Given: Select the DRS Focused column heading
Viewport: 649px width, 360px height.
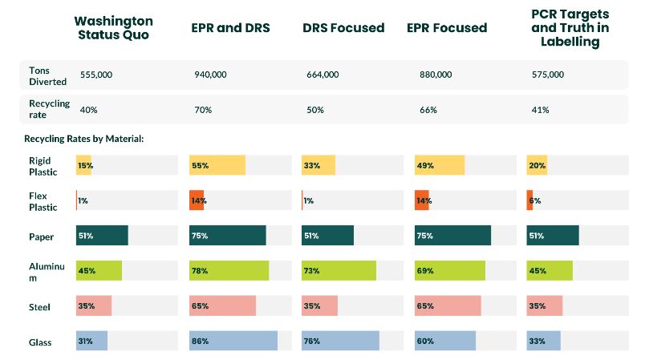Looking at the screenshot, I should click(x=343, y=28).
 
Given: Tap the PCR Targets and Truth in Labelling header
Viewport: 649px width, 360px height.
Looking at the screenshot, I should click(x=570, y=28).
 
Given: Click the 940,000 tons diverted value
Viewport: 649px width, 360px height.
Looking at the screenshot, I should click(x=210, y=75).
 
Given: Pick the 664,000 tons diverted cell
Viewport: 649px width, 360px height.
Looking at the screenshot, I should click(x=322, y=75).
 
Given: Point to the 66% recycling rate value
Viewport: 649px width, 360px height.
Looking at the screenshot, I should click(x=428, y=109).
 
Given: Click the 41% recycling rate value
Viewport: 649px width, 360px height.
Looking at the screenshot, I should click(x=540, y=109).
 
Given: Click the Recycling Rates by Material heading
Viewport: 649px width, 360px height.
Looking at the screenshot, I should click(x=83, y=139).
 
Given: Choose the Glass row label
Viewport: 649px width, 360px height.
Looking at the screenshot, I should click(x=40, y=342).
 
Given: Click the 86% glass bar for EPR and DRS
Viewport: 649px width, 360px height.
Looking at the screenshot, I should click(x=233, y=341).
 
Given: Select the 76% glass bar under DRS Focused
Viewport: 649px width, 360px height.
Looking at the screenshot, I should click(x=340, y=341).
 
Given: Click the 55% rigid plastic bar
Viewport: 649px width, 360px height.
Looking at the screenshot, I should click(x=217, y=165).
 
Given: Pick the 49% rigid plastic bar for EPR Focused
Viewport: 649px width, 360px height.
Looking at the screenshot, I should click(x=440, y=165).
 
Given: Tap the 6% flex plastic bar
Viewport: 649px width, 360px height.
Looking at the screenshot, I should click(x=530, y=200).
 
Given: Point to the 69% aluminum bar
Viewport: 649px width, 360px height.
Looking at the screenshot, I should click(x=450, y=270).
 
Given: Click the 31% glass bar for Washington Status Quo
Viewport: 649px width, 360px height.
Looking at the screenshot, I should click(x=91, y=341).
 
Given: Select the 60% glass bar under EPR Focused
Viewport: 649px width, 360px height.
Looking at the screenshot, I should click(x=445, y=341).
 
